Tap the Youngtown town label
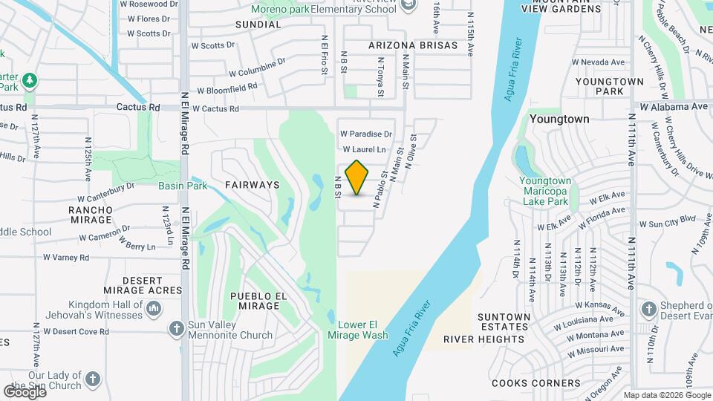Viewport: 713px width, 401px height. click(559, 119)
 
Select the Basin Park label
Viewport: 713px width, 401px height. click(183, 186)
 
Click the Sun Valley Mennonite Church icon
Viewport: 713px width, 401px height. click(176, 328)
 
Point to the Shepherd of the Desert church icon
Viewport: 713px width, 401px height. click(648, 307)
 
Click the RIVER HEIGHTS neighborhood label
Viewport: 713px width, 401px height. click(484, 339)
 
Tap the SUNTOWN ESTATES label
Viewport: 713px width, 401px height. click(504, 322)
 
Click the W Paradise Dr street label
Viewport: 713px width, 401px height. click(365, 134)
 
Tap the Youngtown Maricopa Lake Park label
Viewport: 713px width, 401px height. click(544, 191)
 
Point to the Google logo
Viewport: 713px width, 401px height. click(24, 391)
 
